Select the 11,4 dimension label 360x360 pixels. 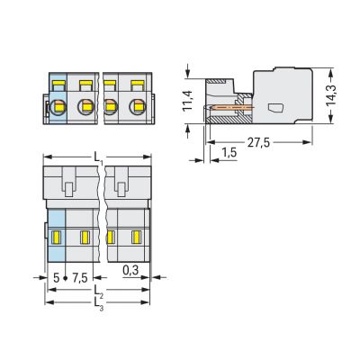tap(185, 99)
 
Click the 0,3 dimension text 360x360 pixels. tap(130, 269)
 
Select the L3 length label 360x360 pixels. tap(100, 308)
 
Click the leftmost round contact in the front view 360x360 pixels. tap(58, 108)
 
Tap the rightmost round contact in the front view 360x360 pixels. tap(138, 108)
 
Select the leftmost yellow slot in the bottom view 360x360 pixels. tap(56, 238)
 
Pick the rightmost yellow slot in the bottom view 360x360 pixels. tap(137, 238)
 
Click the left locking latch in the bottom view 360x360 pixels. tap(69, 188)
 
